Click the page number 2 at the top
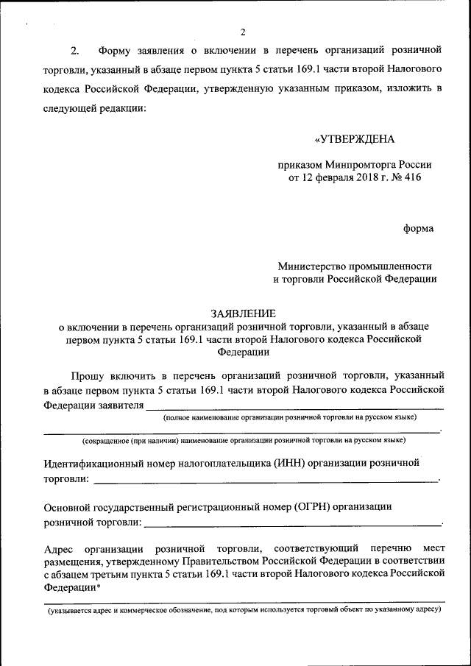[242, 31]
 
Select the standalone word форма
[418, 228]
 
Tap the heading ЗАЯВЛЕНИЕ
[242, 313]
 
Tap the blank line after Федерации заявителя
[294, 407]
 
